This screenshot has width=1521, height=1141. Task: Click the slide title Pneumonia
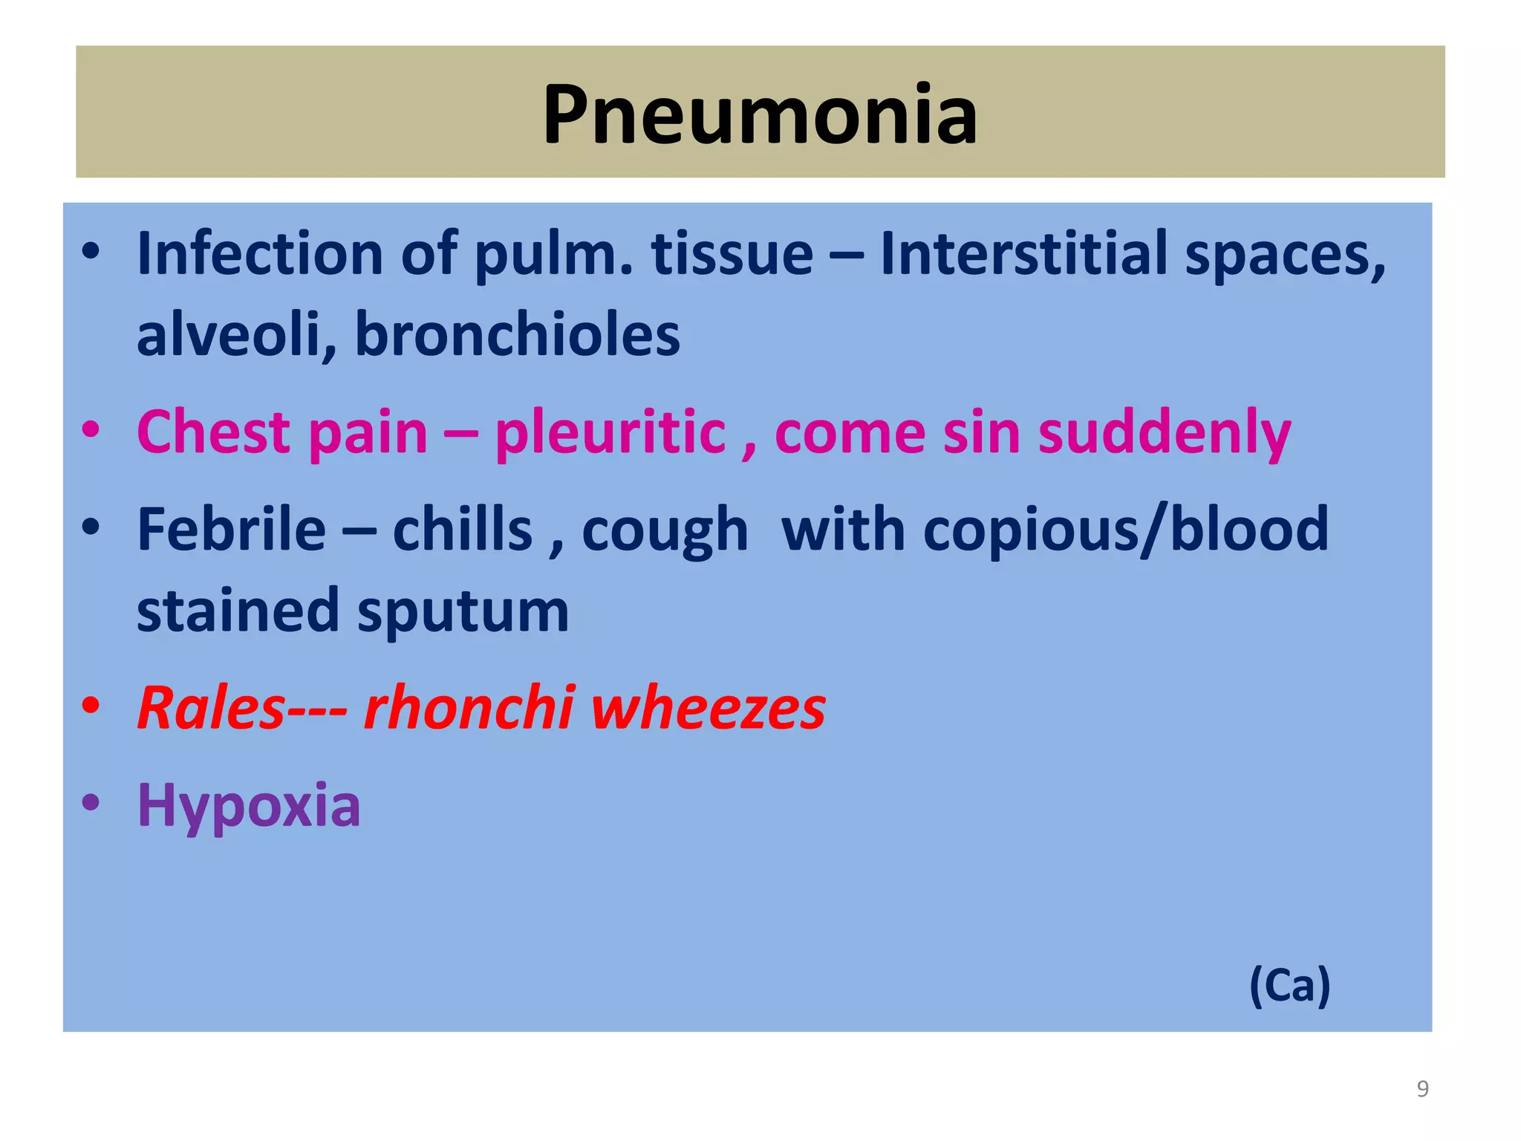point(760,115)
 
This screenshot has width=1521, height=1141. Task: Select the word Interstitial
point(1023,254)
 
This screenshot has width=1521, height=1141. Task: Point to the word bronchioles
point(517,334)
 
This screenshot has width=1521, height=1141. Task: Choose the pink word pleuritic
point(610,432)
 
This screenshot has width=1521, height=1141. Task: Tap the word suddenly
point(1164,433)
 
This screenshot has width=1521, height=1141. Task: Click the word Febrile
point(231,529)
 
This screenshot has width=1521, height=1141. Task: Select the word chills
point(462,529)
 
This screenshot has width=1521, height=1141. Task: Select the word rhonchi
point(469,707)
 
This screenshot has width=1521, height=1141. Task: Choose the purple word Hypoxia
point(249,806)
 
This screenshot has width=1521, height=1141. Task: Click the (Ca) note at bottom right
point(1289,986)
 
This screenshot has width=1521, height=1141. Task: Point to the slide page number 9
point(1422,1088)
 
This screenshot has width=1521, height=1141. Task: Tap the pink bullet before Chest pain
point(91,430)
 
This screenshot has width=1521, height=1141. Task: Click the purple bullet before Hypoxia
point(91,802)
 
